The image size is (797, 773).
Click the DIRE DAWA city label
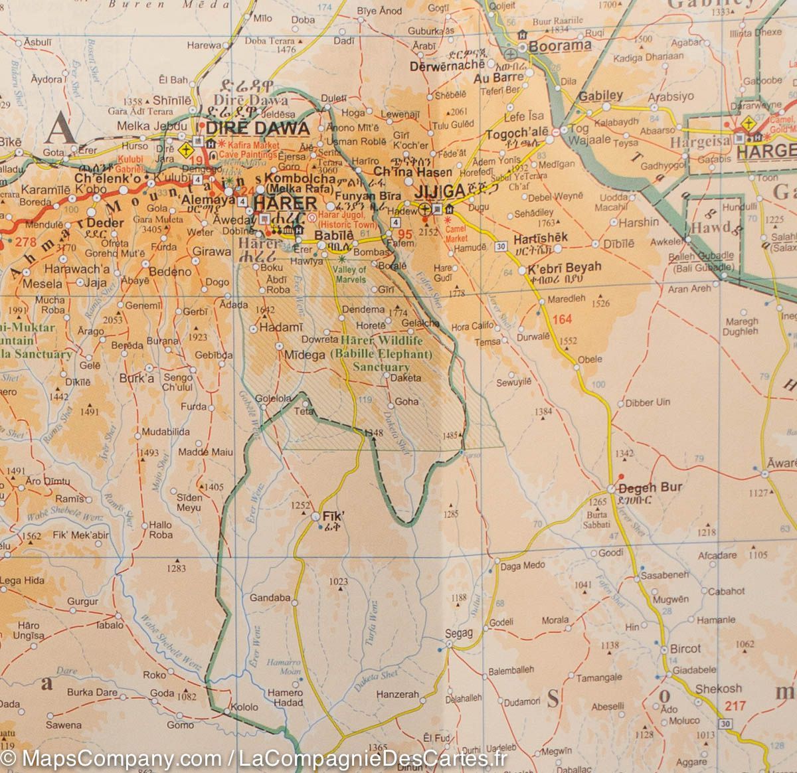258,128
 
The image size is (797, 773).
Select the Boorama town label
559,46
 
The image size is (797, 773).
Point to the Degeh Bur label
650,487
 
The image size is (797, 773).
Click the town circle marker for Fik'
315,516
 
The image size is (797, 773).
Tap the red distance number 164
561,319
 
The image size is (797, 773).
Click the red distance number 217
735,706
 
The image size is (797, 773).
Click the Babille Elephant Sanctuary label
381,354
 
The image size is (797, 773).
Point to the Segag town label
458,634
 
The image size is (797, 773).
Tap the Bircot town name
685,649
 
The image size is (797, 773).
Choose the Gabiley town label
600,96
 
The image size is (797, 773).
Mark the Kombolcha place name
300,179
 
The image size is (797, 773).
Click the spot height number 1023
338,582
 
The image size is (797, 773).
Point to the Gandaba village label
270,598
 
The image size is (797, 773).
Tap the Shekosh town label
718,689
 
